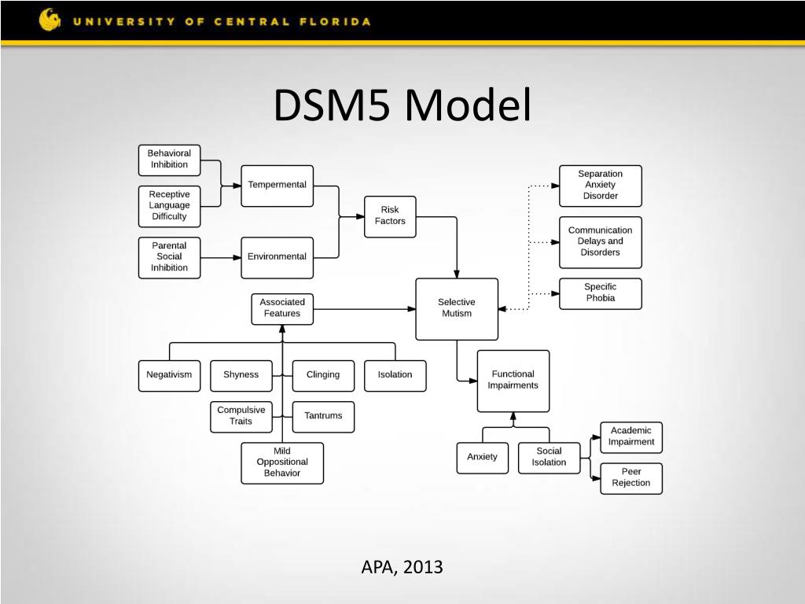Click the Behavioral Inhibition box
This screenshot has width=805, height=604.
click(x=169, y=160)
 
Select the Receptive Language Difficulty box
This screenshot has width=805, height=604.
click(x=169, y=205)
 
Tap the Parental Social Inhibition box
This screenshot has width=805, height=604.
click(x=169, y=257)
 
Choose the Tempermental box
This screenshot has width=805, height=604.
click(x=277, y=186)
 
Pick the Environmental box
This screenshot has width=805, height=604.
click(x=277, y=257)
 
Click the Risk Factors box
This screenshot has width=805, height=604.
click(x=390, y=216)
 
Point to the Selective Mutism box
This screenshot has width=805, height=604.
click(x=456, y=308)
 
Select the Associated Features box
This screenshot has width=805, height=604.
click(x=281, y=308)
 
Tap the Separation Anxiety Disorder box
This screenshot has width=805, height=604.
click(x=600, y=186)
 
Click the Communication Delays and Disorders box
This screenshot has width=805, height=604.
click(x=600, y=242)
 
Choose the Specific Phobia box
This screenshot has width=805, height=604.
click(x=600, y=293)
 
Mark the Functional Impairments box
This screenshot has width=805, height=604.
click(x=513, y=381)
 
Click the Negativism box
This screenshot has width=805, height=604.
click(x=169, y=375)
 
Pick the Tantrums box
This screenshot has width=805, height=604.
click(x=323, y=416)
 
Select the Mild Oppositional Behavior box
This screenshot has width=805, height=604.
click(x=281, y=462)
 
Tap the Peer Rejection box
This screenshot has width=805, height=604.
click(x=630, y=478)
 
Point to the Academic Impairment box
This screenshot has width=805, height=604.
click(x=630, y=437)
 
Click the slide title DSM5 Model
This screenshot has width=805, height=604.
click(x=402, y=106)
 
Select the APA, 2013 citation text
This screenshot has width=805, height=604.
click(x=402, y=566)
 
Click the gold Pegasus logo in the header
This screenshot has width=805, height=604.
click(x=50, y=20)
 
